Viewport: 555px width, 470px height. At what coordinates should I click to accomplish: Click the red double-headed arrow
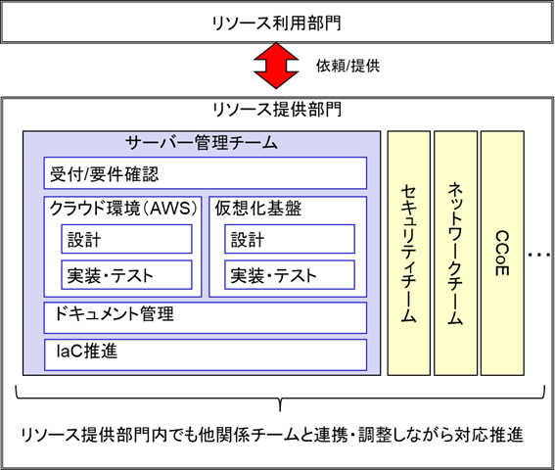tap(276, 66)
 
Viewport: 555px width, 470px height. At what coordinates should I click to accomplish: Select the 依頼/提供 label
tap(347, 66)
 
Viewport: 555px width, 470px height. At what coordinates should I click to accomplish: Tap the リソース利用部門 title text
tap(276, 23)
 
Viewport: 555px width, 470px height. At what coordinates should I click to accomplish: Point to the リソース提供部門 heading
tap(277, 109)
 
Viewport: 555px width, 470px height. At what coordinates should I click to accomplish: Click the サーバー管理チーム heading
tap(201, 143)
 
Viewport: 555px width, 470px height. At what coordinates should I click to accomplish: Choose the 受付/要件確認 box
tap(206, 173)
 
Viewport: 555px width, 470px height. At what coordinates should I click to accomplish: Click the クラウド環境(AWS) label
tap(123, 208)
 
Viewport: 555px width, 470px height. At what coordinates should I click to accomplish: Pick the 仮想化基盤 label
tap(258, 208)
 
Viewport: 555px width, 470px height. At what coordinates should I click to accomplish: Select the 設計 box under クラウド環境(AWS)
tap(126, 239)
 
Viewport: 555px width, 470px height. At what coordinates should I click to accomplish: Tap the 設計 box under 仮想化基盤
tap(290, 239)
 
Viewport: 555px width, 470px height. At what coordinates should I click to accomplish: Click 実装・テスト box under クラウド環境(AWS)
tap(126, 275)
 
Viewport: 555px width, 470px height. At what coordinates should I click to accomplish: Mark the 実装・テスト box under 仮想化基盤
tap(290, 275)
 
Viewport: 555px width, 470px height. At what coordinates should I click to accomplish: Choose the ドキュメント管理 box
tap(206, 317)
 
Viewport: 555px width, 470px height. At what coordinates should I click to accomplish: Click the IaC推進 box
tap(206, 354)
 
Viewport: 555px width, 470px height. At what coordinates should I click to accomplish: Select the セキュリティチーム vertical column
tap(409, 254)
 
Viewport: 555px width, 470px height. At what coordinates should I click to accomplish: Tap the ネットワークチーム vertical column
tap(455, 254)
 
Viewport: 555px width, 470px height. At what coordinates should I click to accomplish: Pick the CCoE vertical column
tap(502, 254)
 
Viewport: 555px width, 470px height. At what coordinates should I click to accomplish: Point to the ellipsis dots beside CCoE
tap(539, 255)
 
